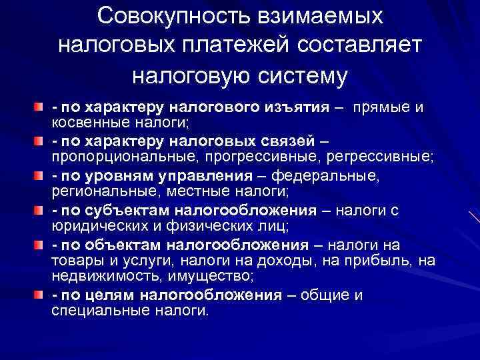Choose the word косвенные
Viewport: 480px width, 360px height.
click(x=92, y=123)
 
